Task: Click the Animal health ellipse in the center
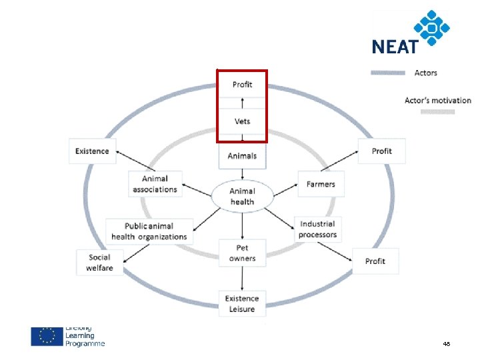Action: [242, 196]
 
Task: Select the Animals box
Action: [242, 156]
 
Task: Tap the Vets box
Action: [242, 121]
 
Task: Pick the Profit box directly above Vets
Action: [242, 85]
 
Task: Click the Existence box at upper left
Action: [92, 151]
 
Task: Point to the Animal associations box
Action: [155, 184]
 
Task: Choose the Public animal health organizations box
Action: [149, 231]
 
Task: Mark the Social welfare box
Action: [99, 262]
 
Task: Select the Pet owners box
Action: [242, 253]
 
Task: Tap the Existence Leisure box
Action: [242, 303]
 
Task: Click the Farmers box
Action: [321, 184]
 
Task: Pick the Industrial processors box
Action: [317, 229]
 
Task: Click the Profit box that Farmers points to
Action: [382, 151]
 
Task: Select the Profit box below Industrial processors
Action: [375, 261]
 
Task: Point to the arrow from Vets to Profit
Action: [242, 103]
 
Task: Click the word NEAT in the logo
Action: [395, 47]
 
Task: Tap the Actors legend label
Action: [426, 73]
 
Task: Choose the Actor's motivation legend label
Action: [437, 101]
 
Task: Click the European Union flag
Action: [47, 336]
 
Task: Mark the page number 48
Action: [446, 343]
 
